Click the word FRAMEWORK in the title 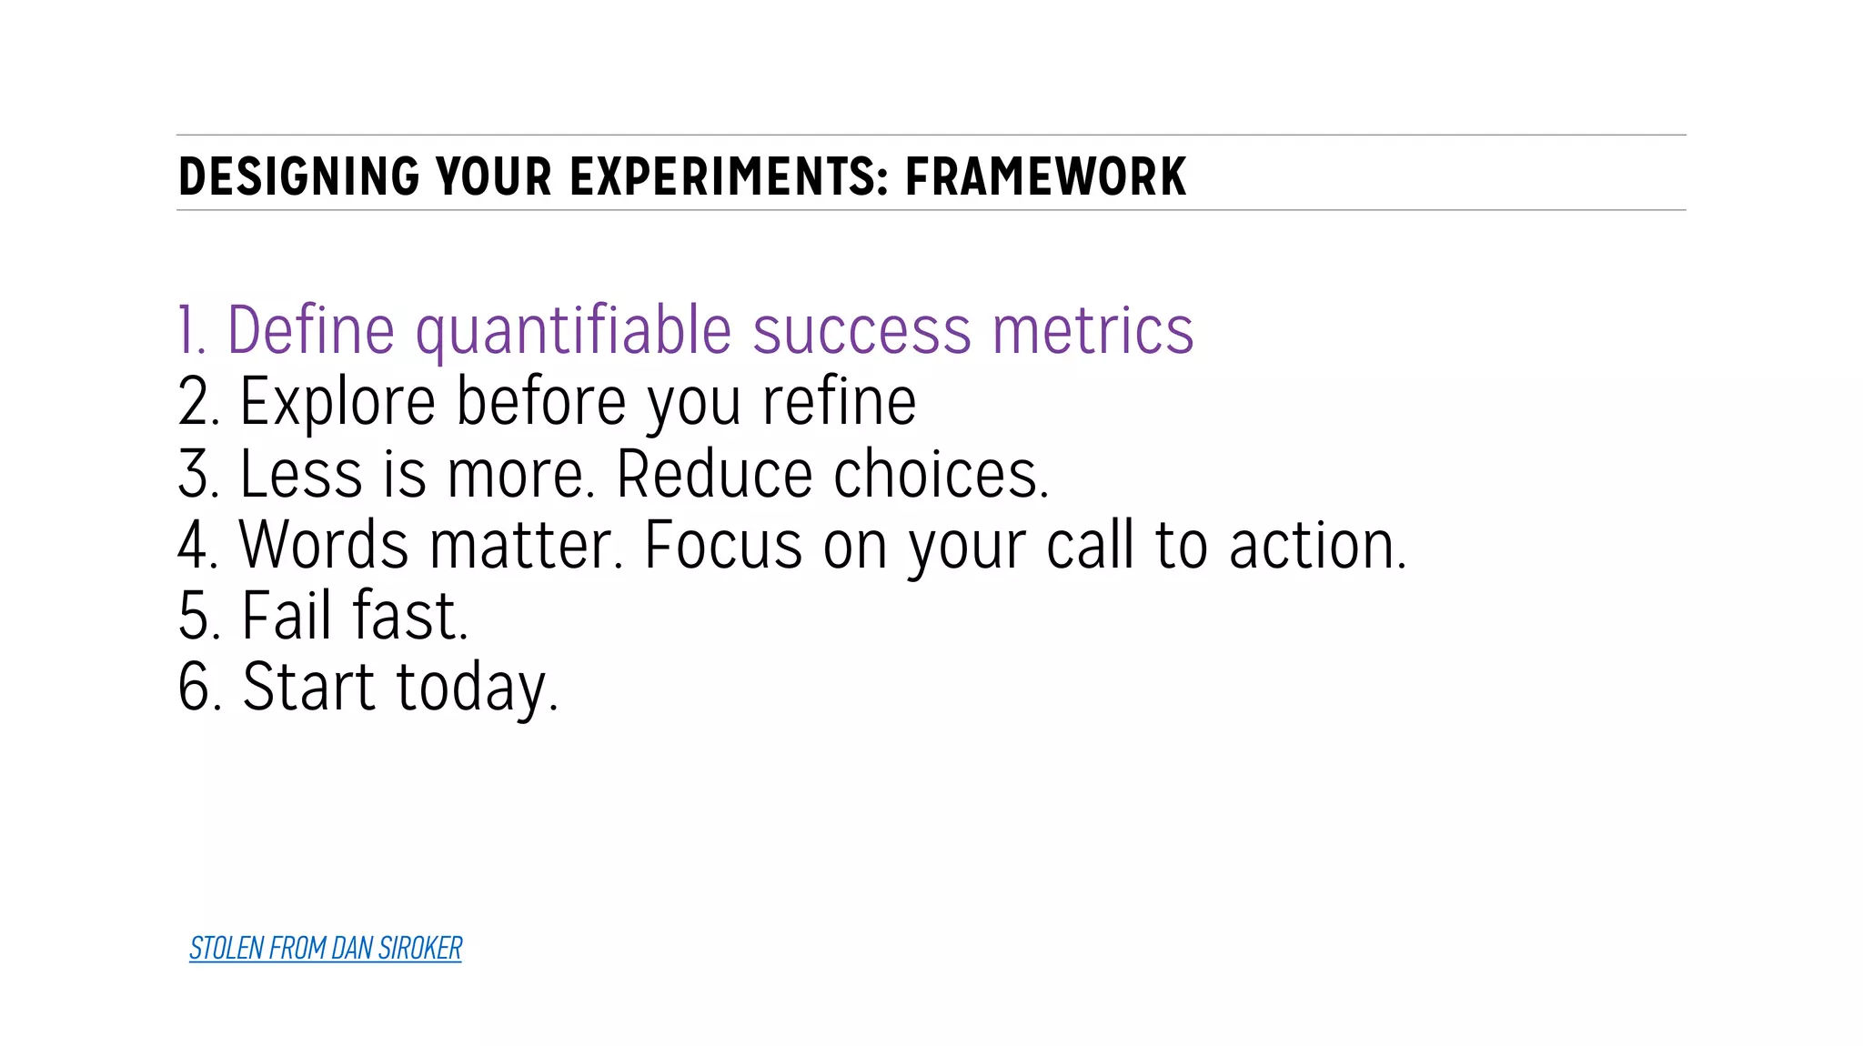1045,176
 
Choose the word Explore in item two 337,402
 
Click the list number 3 196,474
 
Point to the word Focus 723,545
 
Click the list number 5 196,616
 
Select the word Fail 286,616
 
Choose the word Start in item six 308,687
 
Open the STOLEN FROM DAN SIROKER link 325,949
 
